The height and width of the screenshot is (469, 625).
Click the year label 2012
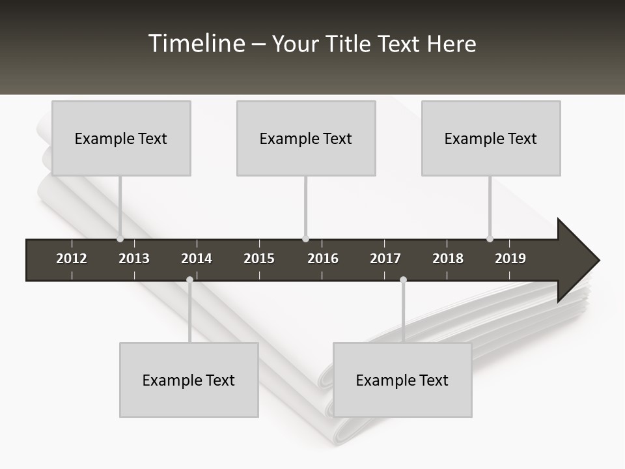(72, 259)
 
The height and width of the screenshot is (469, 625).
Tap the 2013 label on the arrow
(134, 259)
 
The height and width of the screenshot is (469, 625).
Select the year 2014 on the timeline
(197, 259)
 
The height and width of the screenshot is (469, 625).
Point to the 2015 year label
(259, 259)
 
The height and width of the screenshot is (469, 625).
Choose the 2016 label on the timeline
(323, 259)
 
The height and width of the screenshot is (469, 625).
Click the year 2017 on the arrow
(385, 259)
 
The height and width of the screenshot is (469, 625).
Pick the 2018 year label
(448, 259)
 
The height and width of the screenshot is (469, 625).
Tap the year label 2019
(510, 259)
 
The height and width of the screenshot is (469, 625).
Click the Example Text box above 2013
(121, 138)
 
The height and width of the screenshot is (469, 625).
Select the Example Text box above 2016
(306, 138)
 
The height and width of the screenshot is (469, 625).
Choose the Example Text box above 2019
(491, 138)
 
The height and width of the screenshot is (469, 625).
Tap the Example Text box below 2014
(189, 380)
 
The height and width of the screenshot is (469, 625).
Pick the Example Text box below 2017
(402, 380)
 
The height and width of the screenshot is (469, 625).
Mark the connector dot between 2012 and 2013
(120, 238)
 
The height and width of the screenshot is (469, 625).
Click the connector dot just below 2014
(189, 280)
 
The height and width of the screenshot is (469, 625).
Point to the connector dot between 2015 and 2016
(305, 238)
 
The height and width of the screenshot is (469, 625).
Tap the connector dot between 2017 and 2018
(403, 280)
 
